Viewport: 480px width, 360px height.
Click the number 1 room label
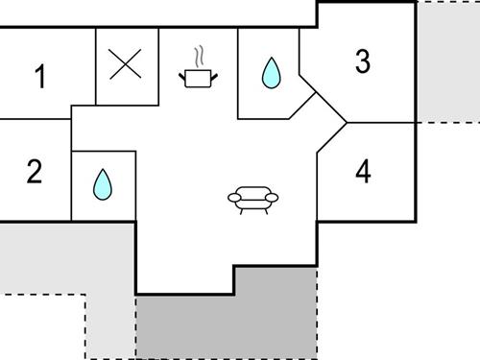click(x=39, y=77)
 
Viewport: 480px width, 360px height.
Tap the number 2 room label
click(x=35, y=173)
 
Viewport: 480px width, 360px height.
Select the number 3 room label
click(x=362, y=61)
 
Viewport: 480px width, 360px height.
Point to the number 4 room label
click(x=362, y=173)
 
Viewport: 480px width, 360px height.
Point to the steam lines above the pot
click(x=200, y=54)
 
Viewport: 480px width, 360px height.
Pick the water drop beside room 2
click(x=103, y=184)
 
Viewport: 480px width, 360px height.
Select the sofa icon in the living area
click(x=252, y=198)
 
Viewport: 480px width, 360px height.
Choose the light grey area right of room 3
click(x=447, y=62)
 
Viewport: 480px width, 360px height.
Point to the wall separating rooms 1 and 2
click(x=36, y=119)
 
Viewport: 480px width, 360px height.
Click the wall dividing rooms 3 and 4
click(x=379, y=123)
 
